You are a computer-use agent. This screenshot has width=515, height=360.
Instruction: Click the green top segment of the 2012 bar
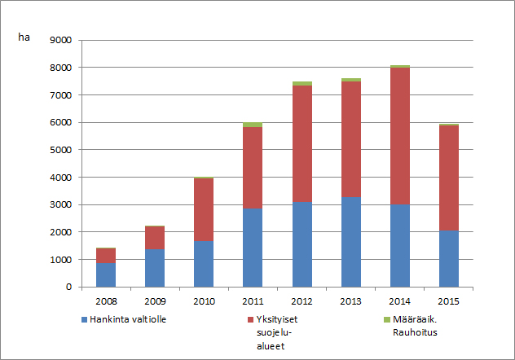pos(301,83)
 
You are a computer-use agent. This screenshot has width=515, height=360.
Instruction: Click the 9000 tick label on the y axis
pos(61,40)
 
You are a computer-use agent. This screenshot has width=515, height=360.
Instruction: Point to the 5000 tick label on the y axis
pos(61,150)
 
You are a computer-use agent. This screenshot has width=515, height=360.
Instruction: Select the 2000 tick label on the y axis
pos(61,232)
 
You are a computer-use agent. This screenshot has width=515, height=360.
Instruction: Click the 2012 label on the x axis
pos(301,301)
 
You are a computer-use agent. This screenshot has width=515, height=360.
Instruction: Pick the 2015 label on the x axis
pos(447,301)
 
